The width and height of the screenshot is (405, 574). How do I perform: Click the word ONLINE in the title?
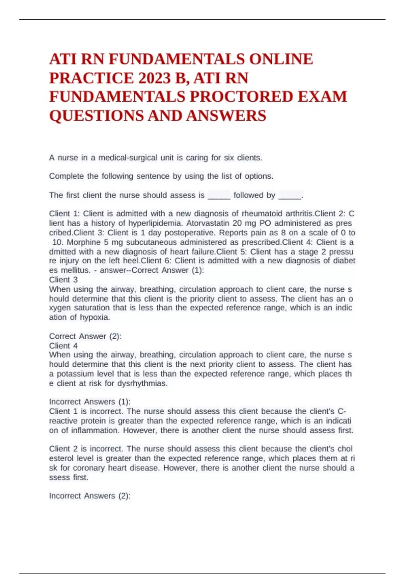tap(281, 59)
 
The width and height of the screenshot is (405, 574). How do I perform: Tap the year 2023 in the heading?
tap(154, 78)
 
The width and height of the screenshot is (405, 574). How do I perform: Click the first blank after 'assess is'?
tap(219, 196)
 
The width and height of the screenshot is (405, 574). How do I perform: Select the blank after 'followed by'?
tap(290, 196)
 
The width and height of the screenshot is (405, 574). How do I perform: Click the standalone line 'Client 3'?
tap(63, 280)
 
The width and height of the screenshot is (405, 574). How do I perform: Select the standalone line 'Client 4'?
tap(63, 346)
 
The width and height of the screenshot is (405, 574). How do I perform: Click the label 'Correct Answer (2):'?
tap(85, 336)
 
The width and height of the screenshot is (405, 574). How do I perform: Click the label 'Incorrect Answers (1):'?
tap(90, 402)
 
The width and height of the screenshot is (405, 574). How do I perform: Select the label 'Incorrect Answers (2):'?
tap(90, 496)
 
